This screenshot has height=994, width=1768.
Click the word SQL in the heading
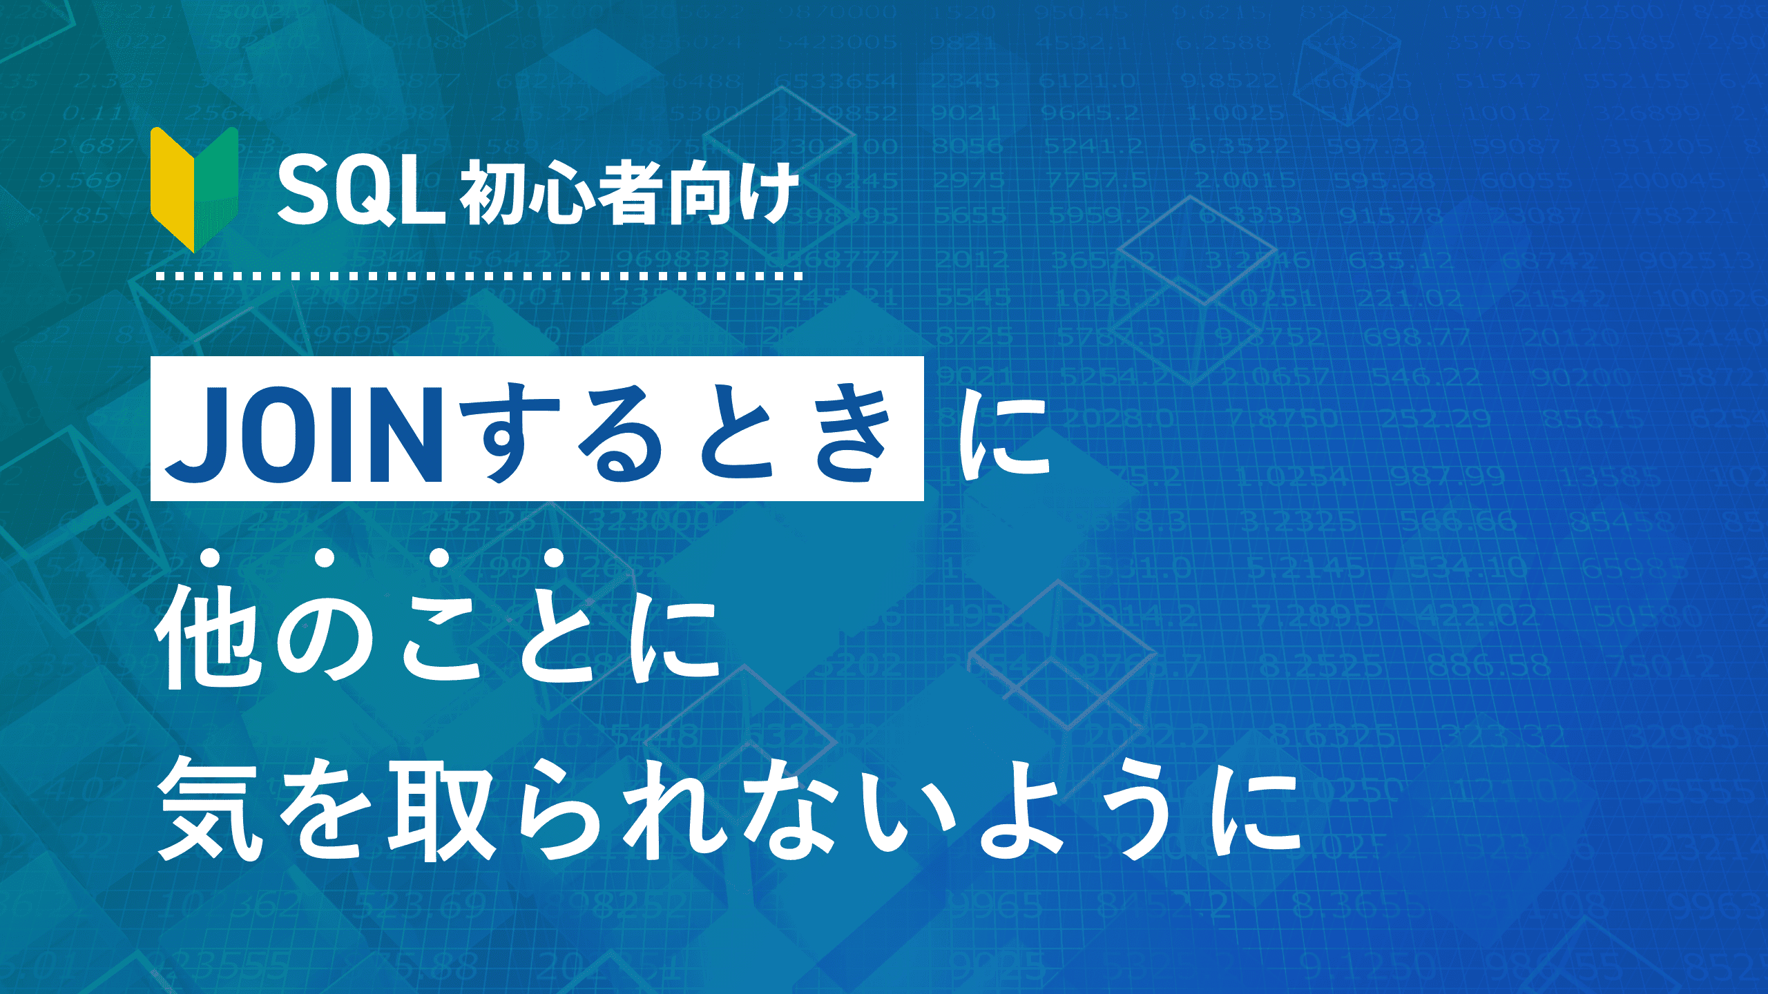(361, 192)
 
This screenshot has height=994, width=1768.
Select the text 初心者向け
(629, 193)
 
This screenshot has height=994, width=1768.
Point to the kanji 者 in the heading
(629, 193)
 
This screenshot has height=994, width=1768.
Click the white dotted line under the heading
(480, 276)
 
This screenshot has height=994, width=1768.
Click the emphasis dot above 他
(211, 558)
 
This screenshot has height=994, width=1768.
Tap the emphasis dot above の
(325, 558)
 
